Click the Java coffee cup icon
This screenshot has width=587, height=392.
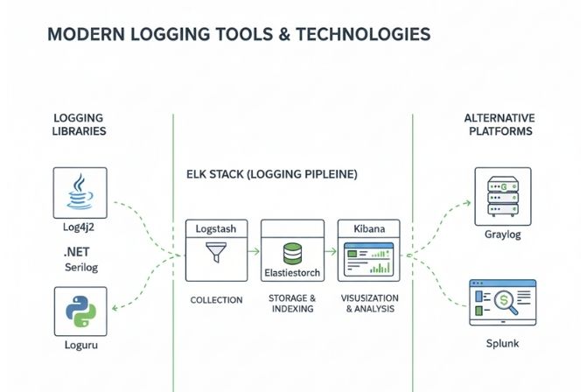tap(80, 193)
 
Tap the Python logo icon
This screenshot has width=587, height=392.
tap(80, 311)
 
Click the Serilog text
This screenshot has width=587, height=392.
tap(80, 266)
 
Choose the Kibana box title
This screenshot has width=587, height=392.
tap(368, 227)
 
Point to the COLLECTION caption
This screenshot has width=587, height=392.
tap(216, 300)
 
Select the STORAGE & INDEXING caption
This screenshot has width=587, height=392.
tap(293, 303)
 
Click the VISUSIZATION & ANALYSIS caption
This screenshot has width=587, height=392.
tap(368, 303)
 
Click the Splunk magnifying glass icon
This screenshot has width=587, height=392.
tap(507, 303)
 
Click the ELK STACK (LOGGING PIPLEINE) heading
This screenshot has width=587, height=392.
tap(272, 175)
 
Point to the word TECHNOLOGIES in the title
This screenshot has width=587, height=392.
tap(357, 34)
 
